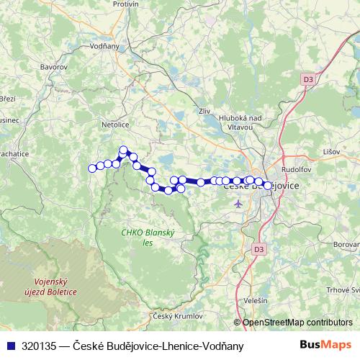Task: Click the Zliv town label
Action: (x=204, y=111)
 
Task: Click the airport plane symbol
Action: (x=239, y=204)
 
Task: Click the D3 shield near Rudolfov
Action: (x=307, y=78)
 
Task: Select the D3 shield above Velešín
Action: (x=259, y=249)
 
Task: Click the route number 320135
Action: (x=40, y=346)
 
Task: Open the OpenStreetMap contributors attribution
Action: (x=297, y=323)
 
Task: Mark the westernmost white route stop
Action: (x=92, y=168)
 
